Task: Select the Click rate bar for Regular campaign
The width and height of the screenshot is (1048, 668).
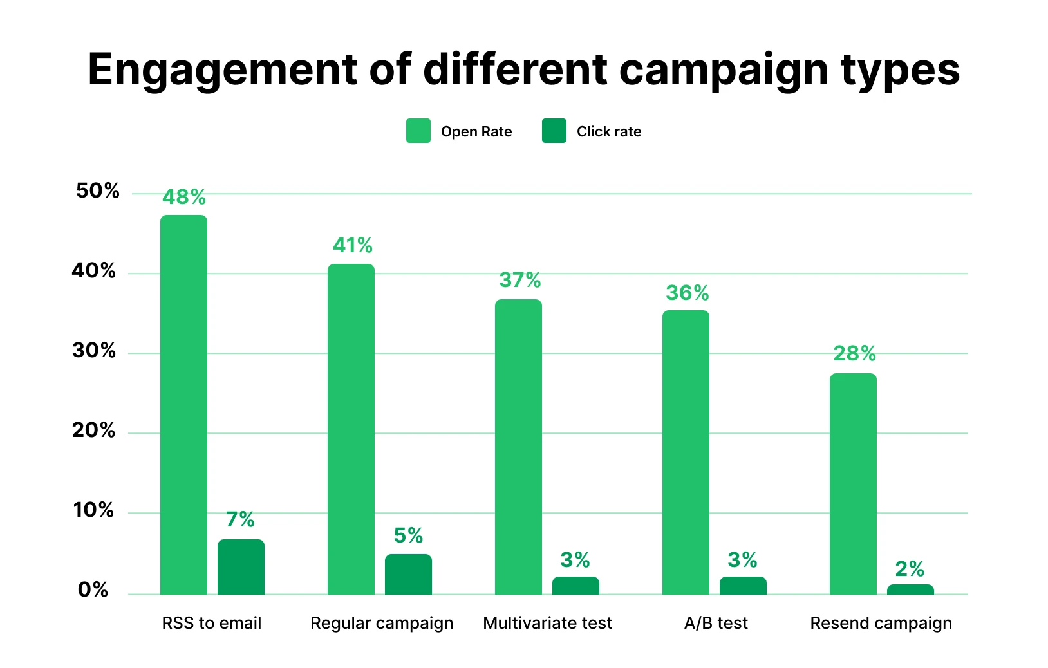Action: [x=408, y=574]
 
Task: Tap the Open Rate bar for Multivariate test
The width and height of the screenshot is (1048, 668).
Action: [x=518, y=447]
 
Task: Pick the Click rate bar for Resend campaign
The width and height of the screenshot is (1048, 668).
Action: [x=910, y=589]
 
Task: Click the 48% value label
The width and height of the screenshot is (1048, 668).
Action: [x=184, y=197]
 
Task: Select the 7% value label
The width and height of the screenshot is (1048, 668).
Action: [x=240, y=519]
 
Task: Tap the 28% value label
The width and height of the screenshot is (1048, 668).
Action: [x=854, y=353]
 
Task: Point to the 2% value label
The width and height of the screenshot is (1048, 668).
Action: [x=910, y=569]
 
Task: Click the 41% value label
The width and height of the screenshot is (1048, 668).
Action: [x=353, y=245]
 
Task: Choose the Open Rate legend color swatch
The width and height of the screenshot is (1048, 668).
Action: [x=418, y=131]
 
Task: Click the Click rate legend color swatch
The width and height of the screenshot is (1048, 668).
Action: [x=554, y=131]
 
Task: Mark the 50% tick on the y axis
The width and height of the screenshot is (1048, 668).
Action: [x=98, y=190]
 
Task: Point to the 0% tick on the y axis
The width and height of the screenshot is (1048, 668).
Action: [x=93, y=590]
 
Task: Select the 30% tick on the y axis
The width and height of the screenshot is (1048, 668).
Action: [x=94, y=351]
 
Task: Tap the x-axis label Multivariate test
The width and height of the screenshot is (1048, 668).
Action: [x=548, y=623]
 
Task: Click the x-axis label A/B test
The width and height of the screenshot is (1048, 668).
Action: [x=716, y=623]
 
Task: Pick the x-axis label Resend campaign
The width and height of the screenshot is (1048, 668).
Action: [x=881, y=623]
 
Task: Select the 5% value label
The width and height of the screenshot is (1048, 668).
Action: [x=408, y=535]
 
